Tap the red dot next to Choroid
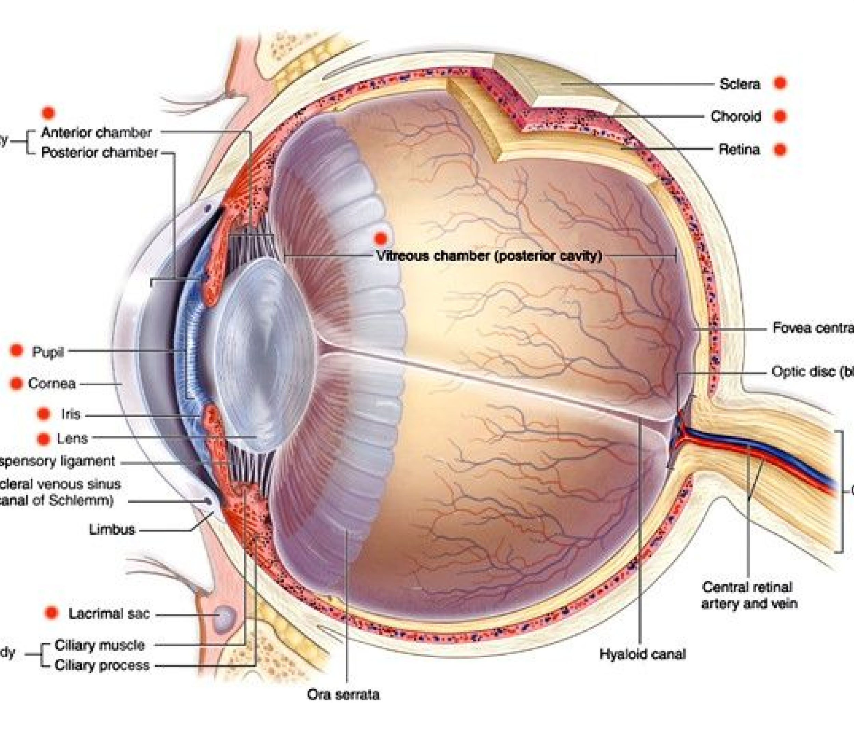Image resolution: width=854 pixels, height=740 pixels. [780, 116]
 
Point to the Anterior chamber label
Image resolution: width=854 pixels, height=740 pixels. [96, 133]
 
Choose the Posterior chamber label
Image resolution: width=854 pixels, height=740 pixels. [99, 152]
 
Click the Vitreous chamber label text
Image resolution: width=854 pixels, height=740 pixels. [489, 256]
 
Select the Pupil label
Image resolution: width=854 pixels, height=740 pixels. [48, 352]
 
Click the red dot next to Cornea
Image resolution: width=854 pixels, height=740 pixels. [16, 383]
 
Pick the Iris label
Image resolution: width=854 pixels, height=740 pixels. [71, 414]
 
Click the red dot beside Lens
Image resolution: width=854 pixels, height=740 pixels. [43, 439]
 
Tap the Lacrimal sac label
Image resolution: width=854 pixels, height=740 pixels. [109, 614]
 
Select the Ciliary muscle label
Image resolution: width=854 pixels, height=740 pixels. [99, 645]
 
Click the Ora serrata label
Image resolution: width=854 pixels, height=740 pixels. [343, 695]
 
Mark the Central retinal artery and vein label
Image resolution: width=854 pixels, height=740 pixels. [749, 595]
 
